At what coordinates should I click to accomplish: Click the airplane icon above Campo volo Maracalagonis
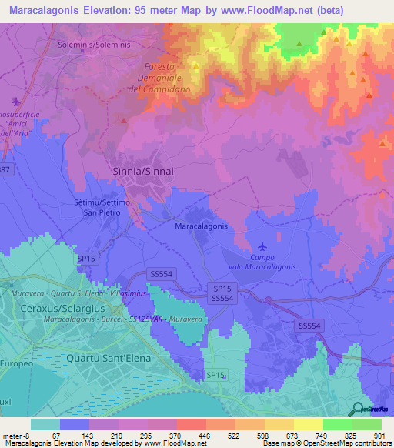pos(263,246)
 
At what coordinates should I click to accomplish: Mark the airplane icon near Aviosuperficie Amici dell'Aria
pos(17,101)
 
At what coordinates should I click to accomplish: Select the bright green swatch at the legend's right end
pos(367,424)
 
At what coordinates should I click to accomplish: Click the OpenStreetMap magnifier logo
pos(358,409)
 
